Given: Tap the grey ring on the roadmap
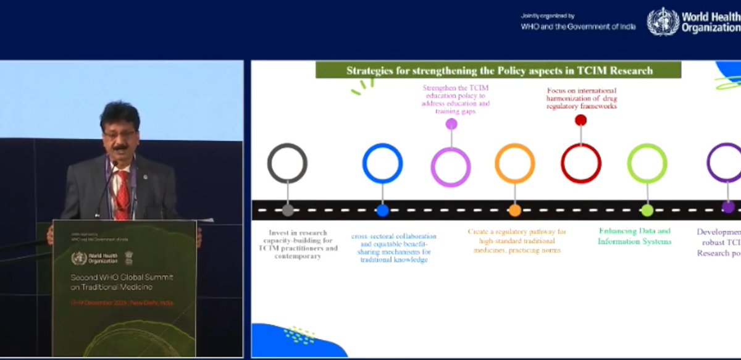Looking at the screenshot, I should [287, 164].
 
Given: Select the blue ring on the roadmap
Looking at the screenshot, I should [382, 164].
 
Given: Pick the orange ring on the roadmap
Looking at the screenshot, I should [514, 164].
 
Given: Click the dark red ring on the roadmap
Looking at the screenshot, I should [580, 164].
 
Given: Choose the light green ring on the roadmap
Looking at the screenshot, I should [647, 164].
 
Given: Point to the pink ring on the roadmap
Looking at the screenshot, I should [451, 167].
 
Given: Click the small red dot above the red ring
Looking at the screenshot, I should [580, 120].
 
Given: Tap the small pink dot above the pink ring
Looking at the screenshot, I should [451, 123].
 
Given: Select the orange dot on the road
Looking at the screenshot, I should [515, 211].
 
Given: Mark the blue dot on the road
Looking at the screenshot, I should [382, 211].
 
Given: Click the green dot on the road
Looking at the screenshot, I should [647, 211].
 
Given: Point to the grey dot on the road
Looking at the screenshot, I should [288, 211].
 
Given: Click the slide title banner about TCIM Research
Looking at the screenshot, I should [498, 70].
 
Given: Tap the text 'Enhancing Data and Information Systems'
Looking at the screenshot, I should [634, 237].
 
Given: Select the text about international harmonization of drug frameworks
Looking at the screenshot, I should [582, 98].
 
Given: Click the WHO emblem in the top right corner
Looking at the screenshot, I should [663, 22].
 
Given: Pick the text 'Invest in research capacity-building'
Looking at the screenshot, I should [298, 244].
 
